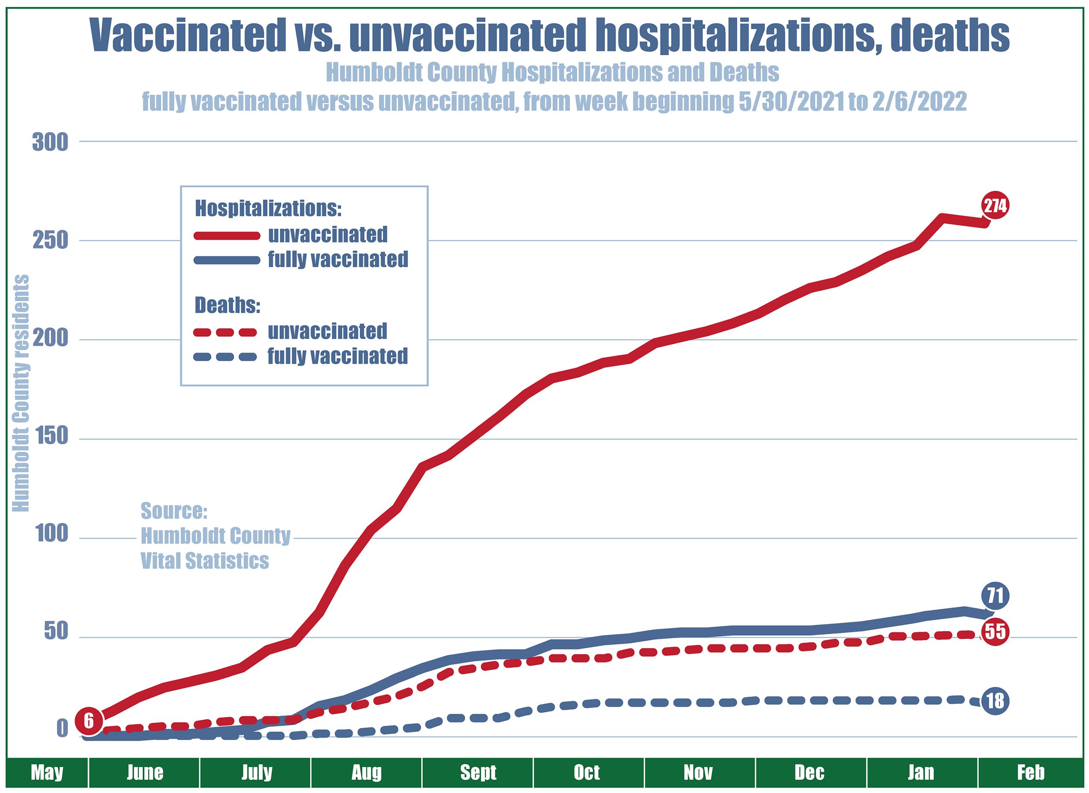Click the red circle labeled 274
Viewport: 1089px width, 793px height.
click(x=995, y=206)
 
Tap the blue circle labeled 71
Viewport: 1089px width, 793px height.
click(x=995, y=596)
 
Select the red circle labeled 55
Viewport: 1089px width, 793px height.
click(x=995, y=631)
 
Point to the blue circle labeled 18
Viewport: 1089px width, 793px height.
click(x=995, y=701)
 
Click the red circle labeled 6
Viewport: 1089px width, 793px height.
click(x=89, y=721)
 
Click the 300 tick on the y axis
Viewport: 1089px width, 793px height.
click(x=50, y=143)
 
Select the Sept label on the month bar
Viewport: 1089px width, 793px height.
click(x=478, y=772)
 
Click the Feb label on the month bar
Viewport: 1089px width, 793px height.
click(x=1030, y=772)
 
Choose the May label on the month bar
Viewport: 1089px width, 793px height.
click(x=47, y=772)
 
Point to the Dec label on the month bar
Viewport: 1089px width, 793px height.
click(x=810, y=772)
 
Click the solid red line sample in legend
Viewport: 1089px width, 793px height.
click(x=227, y=235)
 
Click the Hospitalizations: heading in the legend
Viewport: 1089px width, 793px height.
click(x=268, y=209)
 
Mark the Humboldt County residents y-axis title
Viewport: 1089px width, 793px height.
click(x=21, y=393)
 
